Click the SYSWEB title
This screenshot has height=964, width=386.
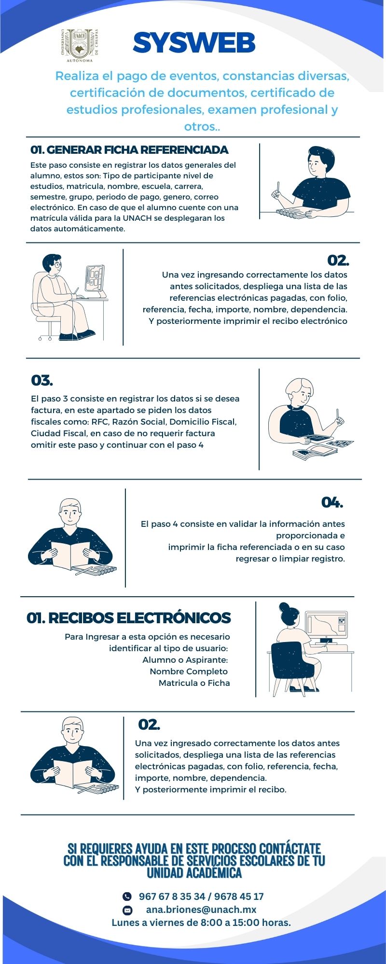194,43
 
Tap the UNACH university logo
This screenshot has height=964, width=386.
80,45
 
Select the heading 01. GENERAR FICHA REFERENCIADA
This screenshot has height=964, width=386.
129,150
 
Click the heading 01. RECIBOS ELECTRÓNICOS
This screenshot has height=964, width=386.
129,618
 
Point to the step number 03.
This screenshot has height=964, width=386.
42,380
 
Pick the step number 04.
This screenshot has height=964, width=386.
332,502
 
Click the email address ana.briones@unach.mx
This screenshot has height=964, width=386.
201,910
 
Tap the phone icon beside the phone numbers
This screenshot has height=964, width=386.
127,897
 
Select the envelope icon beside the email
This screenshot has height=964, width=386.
127,910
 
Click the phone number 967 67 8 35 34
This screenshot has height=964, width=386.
172,897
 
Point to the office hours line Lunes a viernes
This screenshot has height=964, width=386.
201,923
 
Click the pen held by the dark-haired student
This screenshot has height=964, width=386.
278,187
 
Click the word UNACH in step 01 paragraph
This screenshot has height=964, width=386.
137,218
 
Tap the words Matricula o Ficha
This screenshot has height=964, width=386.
194,683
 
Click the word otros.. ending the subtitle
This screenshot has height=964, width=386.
202,127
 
